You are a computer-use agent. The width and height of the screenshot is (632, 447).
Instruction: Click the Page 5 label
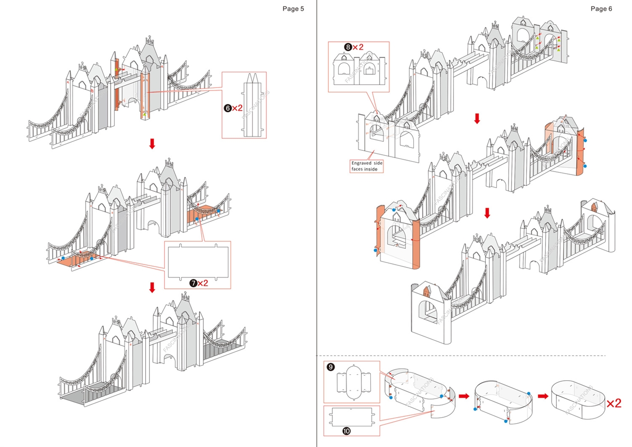point(293,8)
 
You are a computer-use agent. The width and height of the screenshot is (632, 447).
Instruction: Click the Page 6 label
point(601,8)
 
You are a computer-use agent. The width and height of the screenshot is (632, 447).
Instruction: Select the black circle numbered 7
point(193,283)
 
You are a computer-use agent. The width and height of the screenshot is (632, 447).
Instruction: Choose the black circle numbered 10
point(346,431)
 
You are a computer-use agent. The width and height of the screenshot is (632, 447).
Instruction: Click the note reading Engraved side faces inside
point(367,166)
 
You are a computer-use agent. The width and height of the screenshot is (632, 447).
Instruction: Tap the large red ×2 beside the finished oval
point(614,403)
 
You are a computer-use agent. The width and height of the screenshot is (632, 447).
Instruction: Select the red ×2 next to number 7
point(202,283)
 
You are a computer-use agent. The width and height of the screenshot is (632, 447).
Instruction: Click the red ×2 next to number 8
point(358,47)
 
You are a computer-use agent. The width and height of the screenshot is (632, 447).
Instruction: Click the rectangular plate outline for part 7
point(198,262)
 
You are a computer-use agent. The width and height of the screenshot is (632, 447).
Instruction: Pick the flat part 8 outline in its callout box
point(359,70)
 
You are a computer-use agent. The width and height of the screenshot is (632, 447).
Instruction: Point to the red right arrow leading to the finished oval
point(543,396)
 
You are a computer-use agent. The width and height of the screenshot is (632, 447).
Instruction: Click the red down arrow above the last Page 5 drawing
point(152,287)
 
